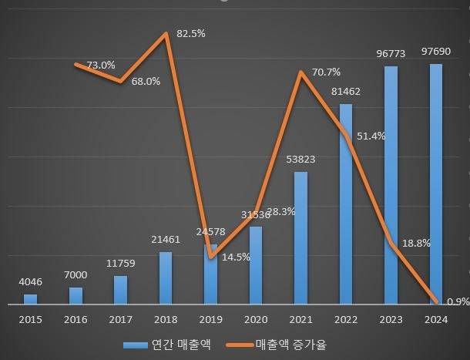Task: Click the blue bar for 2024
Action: point(436,185)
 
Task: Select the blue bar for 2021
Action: point(300,238)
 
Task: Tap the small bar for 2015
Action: point(30,299)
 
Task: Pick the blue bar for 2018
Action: point(166,278)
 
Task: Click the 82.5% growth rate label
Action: point(191,35)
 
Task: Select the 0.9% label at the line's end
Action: point(458,301)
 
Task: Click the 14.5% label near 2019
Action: point(235,257)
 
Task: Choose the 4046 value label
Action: point(30,281)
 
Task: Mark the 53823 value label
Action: point(300,160)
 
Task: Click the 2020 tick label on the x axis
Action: point(255,318)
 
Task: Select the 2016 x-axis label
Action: point(75,318)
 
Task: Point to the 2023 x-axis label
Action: point(391,318)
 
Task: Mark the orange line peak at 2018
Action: point(166,34)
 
